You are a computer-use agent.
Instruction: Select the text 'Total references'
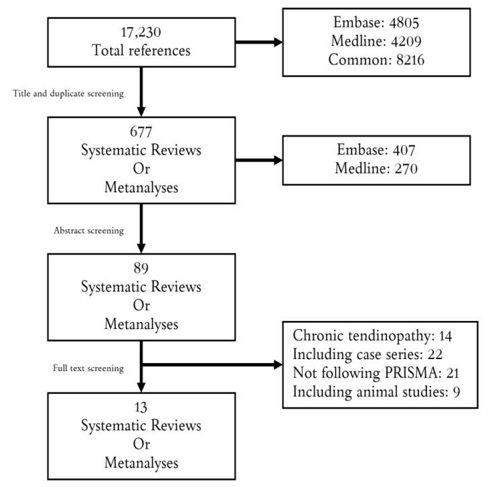point(141,51)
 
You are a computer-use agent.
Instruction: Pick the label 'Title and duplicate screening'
point(68,94)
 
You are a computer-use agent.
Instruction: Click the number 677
point(141,132)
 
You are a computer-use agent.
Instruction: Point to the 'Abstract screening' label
point(88,230)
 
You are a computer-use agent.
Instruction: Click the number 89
point(141,269)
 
